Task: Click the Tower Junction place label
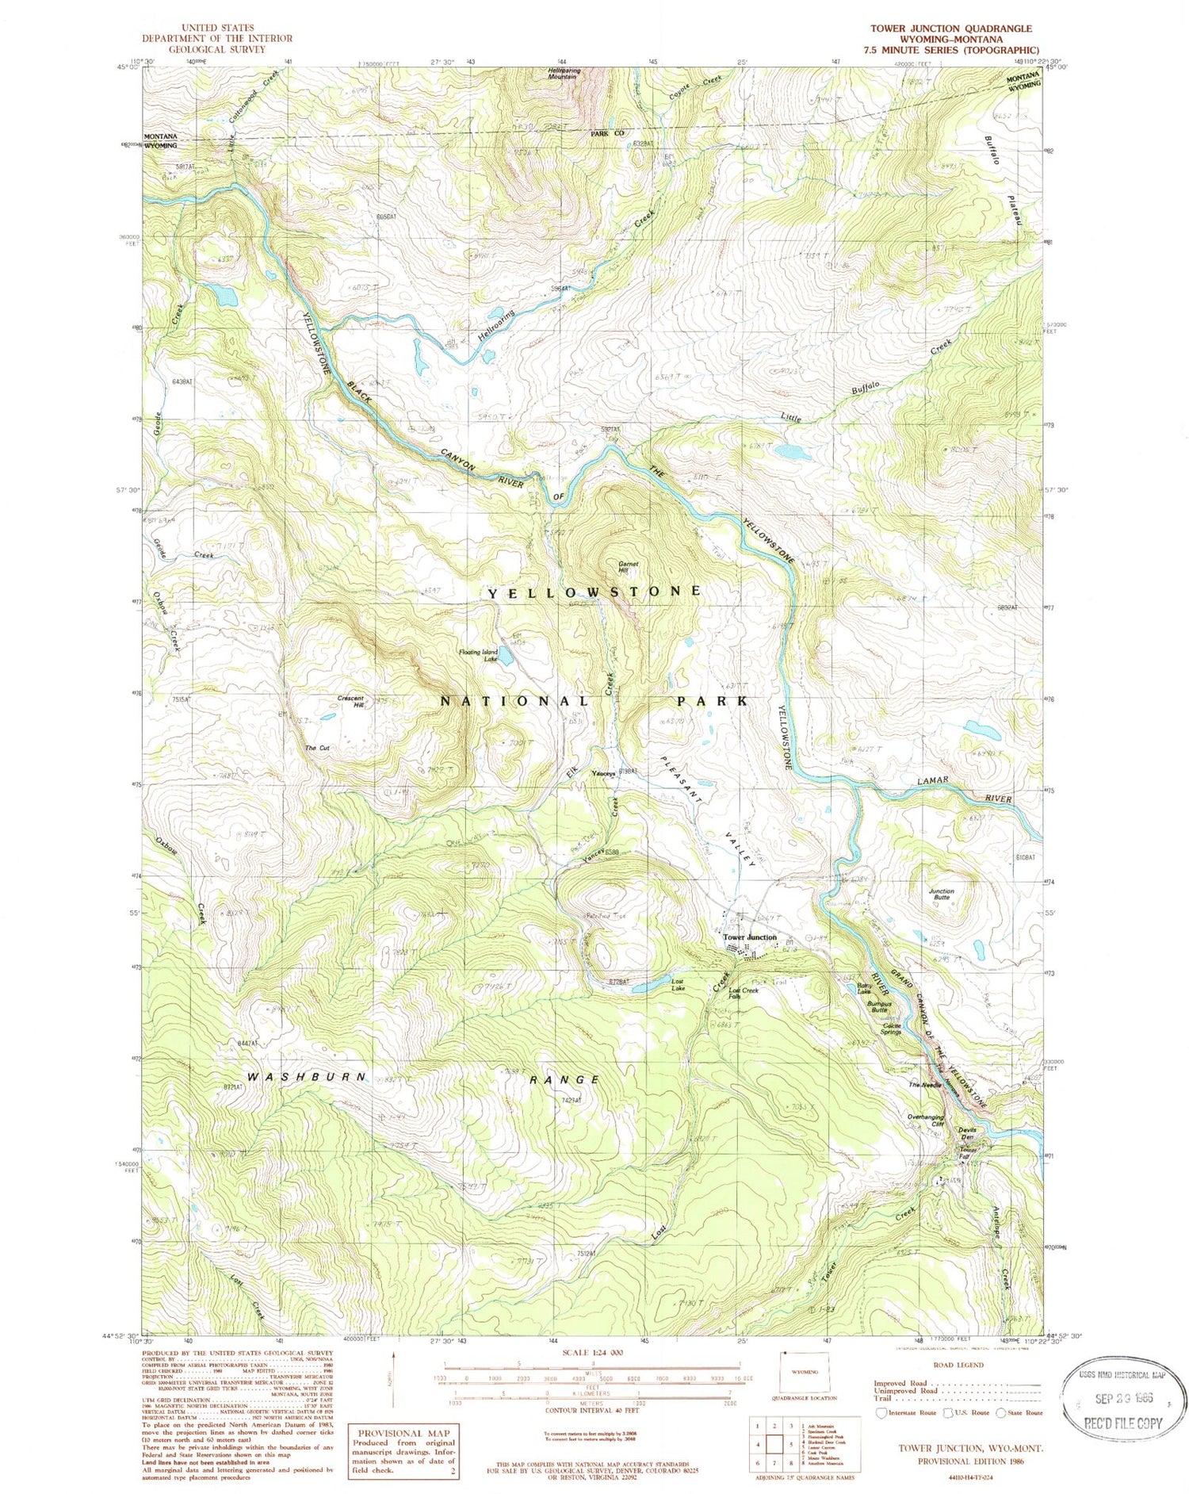pyautogui.click(x=749, y=937)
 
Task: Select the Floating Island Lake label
pyautogui.click(x=478, y=655)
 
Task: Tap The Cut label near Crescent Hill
pyautogui.click(x=317, y=748)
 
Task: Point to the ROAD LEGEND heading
pyautogui.click(x=959, y=1365)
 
